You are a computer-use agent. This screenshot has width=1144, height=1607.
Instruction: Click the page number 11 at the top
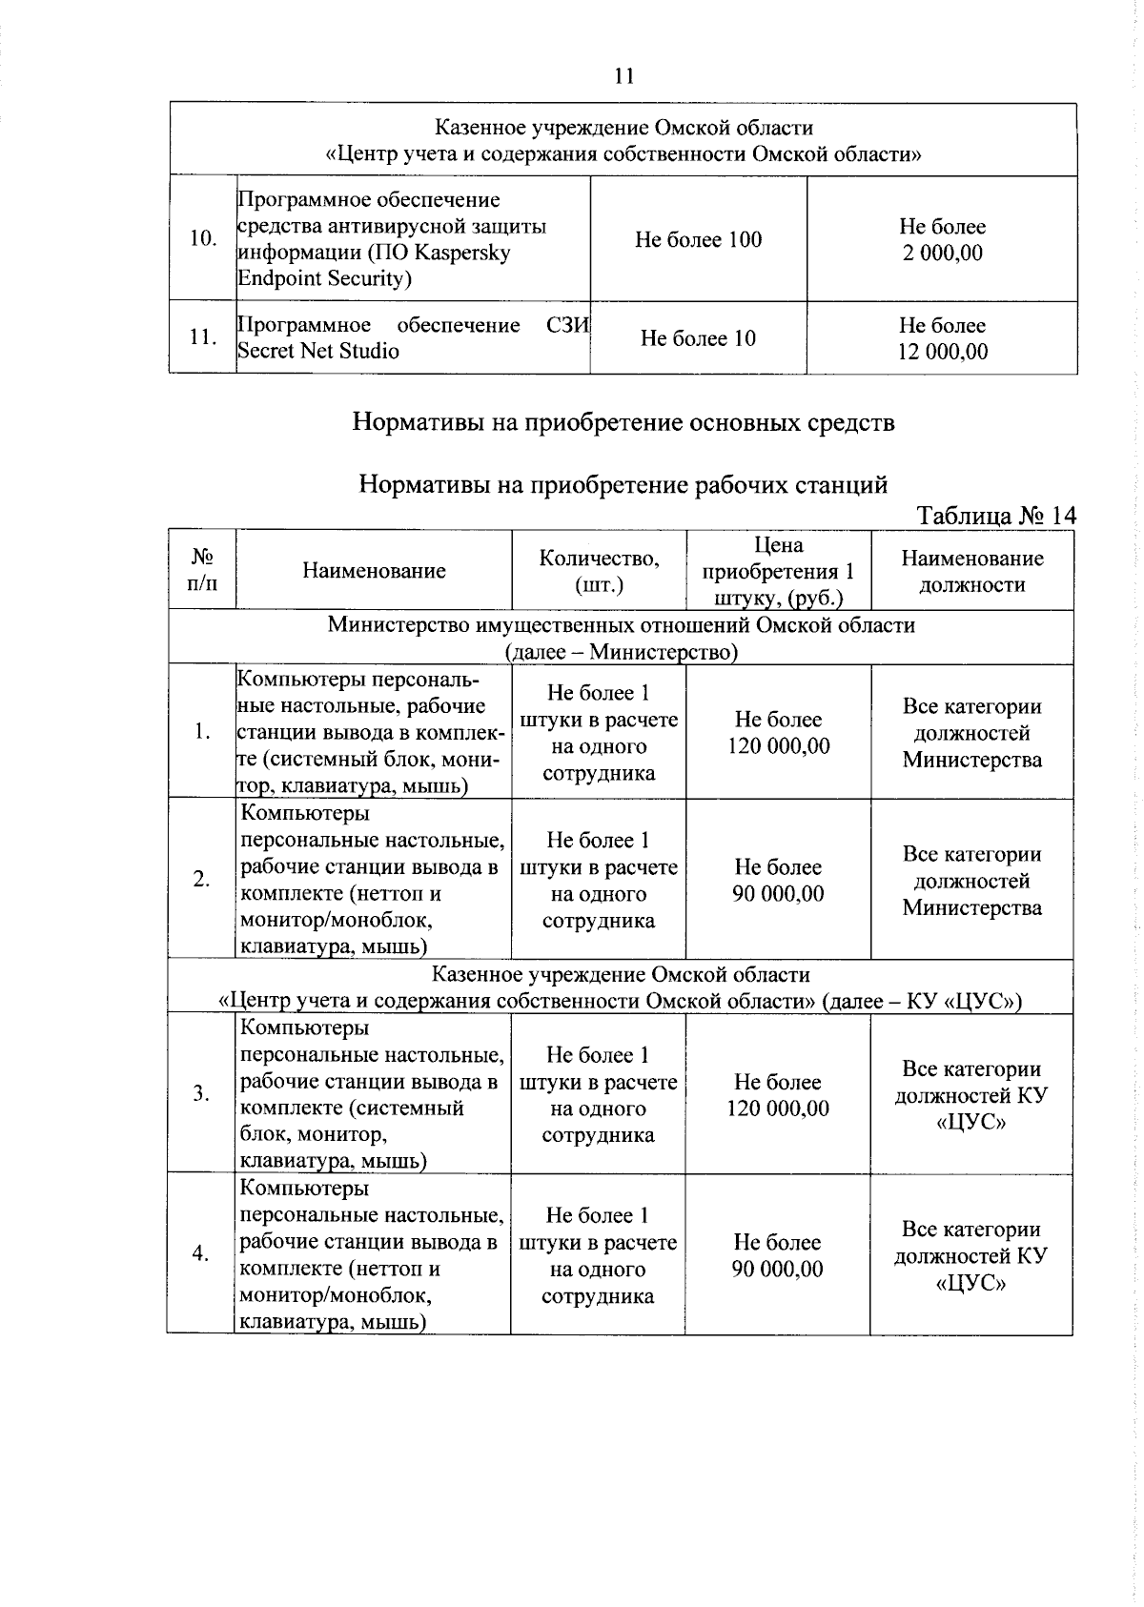pos(624,76)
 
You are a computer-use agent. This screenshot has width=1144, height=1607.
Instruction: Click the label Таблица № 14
pos(996,516)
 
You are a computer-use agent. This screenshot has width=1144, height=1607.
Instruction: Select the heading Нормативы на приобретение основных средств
pos(623,421)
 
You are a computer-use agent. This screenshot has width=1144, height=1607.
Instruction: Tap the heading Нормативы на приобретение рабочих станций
pos(623,485)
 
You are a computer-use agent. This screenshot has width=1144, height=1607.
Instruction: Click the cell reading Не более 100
pos(698,240)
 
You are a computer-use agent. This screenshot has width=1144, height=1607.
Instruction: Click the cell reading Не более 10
pos(698,338)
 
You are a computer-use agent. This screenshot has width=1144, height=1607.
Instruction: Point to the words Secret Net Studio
pos(318,351)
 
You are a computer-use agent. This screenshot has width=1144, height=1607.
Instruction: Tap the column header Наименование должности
pos(971,571)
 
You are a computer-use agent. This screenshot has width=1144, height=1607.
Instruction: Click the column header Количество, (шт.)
pos(599,571)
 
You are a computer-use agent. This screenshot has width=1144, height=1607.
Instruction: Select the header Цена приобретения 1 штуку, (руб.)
pos(778,571)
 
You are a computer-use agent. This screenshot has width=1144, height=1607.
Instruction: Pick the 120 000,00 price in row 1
pos(778,746)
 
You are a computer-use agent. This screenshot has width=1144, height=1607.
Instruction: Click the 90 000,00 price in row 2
pos(778,894)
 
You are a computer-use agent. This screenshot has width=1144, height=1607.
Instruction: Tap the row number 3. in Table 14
pos(201,1092)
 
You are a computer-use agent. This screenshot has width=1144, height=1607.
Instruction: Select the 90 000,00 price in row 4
pos(778,1270)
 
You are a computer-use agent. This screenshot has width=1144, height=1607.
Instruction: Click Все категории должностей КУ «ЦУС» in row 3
pos(971,1095)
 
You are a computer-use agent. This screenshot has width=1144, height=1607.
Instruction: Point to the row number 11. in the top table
pos(202,337)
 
